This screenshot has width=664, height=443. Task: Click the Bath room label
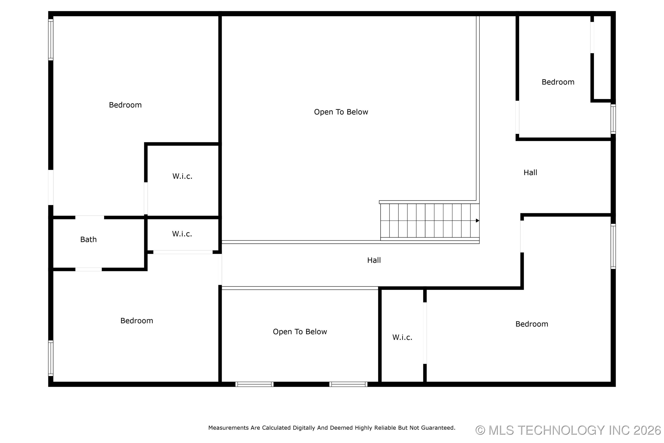point(88,240)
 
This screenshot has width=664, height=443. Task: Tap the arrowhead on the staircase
point(477,221)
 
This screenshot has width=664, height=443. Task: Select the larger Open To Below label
point(341,112)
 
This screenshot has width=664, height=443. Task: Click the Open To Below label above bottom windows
point(300,332)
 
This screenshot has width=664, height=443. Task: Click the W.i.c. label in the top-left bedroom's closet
point(182,176)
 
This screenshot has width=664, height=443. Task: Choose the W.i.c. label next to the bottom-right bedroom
point(402,337)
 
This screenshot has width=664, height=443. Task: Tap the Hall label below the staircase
point(374,260)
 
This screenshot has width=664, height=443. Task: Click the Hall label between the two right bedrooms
point(530,173)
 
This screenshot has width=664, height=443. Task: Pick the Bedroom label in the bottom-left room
point(137,321)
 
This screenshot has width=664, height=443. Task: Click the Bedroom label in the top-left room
point(125,105)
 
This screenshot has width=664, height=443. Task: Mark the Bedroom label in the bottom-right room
point(532,324)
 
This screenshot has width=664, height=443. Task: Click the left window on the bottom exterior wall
point(254,384)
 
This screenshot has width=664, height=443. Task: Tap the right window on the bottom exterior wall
point(348,384)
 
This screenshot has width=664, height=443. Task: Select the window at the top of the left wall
point(51,40)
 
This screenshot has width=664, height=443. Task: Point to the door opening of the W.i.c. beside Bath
point(183,252)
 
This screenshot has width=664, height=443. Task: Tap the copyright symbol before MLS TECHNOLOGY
point(480,430)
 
